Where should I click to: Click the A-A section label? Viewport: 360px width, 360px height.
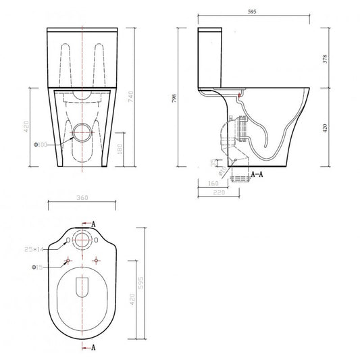tap(257, 174)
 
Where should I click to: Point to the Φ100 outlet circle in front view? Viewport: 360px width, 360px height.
tap(82, 133)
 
